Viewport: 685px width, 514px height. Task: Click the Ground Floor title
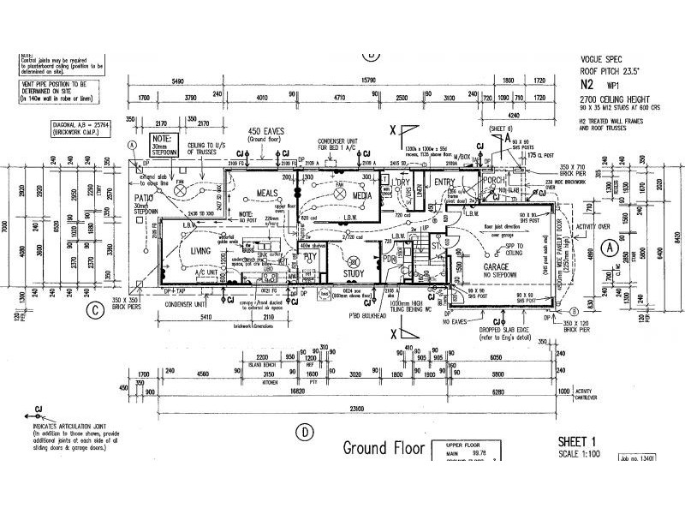pyautogui.click(x=382, y=447)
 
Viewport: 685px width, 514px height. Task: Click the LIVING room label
pyautogui.click(x=201, y=250)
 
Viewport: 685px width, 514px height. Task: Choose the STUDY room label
pyautogui.click(x=354, y=273)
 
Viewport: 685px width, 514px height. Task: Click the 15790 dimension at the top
pyautogui.click(x=369, y=81)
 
